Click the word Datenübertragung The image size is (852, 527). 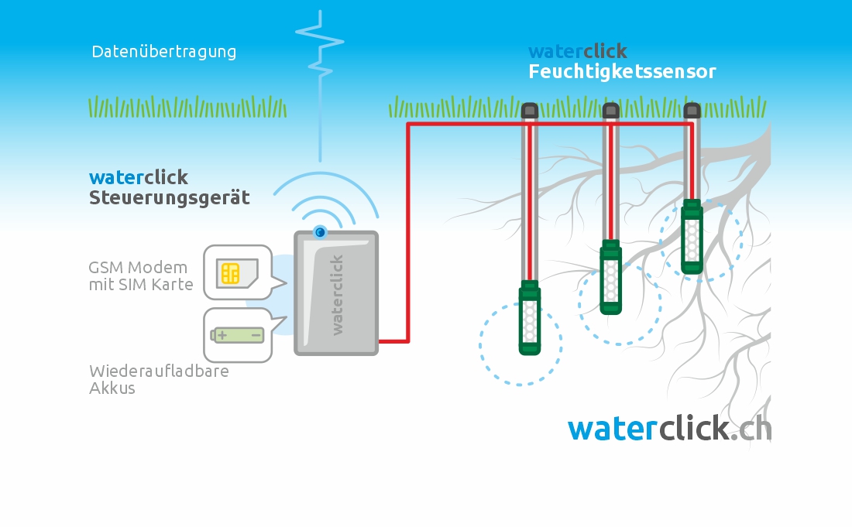[x=164, y=52]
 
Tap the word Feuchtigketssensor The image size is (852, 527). [x=622, y=72]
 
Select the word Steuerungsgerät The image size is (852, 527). [x=170, y=197]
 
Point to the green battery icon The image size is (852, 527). [x=238, y=335]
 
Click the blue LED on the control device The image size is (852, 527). [x=320, y=232]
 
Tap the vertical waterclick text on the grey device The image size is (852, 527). [x=337, y=295]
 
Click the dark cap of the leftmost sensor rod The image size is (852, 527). [x=530, y=111]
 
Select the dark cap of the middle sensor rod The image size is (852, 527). [x=611, y=111]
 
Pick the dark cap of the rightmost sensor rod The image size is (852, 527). [x=692, y=111]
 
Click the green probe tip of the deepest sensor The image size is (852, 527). [x=530, y=317]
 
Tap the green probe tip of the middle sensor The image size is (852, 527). [x=611, y=277]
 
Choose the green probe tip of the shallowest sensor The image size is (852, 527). [x=692, y=237]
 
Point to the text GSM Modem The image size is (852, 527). [x=138, y=268]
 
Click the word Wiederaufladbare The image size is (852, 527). [x=160, y=371]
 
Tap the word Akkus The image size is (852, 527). [x=112, y=388]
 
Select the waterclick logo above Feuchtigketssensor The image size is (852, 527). [x=578, y=52]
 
